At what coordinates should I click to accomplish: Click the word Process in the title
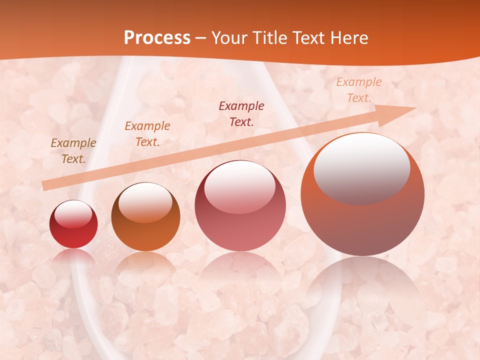(157, 38)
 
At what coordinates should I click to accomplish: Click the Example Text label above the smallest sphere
(73, 150)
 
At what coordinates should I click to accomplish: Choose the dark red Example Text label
(241, 113)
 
